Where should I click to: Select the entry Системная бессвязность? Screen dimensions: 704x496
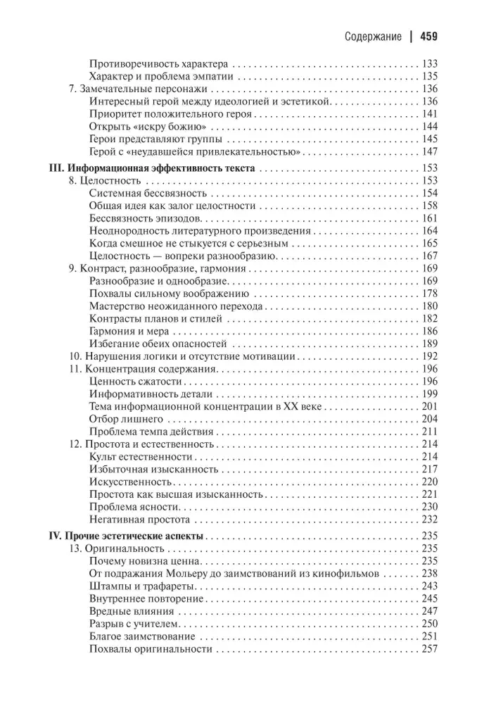coord(148,194)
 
